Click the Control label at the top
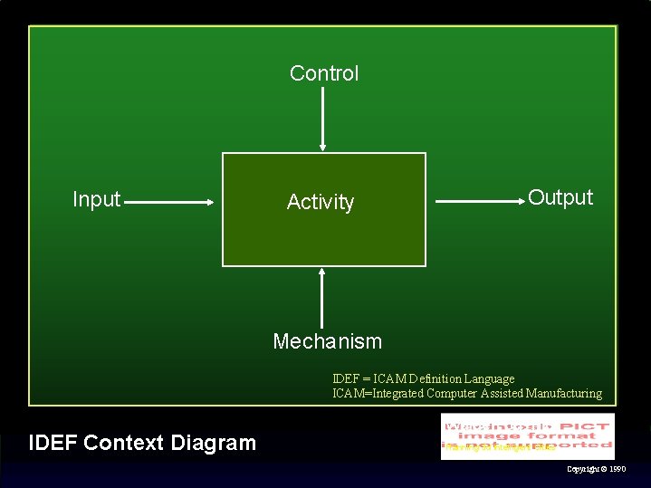coord(324,73)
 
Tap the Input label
coord(96,199)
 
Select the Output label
coord(560,197)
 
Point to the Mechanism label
coord(328,341)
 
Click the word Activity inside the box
coord(321,202)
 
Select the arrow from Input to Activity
coord(168,204)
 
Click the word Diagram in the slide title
coord(214,443)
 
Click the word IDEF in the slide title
coord(53,443)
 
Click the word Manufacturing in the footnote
coord(557,393)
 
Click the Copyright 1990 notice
coord(596,469)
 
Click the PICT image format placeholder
coord(528,435)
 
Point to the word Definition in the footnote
coord(433,378)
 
